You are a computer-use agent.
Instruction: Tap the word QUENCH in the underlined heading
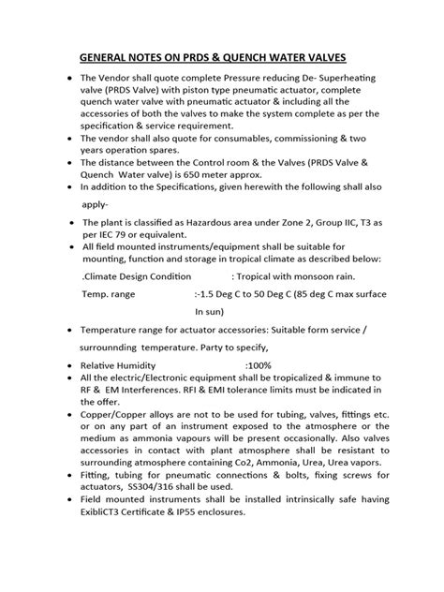click(264, 54)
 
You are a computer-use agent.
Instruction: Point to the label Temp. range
click(110, 294)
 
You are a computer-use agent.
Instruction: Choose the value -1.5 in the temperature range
click(211, 294)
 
